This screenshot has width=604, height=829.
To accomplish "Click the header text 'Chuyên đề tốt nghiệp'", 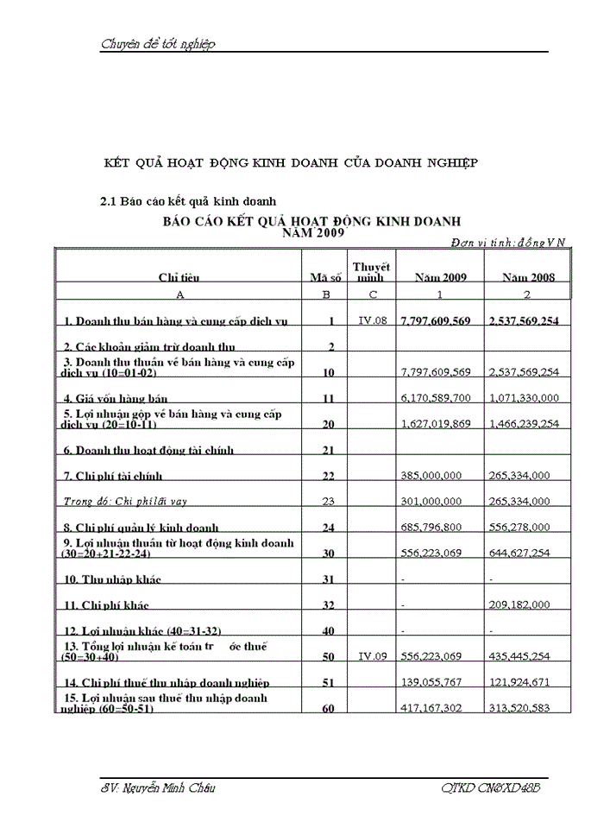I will pyautogui.click(x=158, y=44).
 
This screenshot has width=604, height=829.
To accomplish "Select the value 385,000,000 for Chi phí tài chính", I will pyautogui.click(x=432, y=476).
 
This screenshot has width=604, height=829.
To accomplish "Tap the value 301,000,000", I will pyautogui.click(x=432, y=501).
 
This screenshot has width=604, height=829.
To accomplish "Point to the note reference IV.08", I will pyautogui.click(x=371, y=320).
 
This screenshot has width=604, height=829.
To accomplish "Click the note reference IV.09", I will pyautogui.click(x=371, y=656).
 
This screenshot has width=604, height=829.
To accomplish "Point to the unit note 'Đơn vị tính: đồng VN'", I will pyautogui.click(x=508, y=243).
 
